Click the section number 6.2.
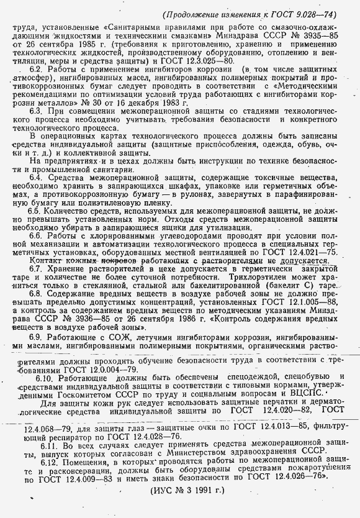click(37, 72)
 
